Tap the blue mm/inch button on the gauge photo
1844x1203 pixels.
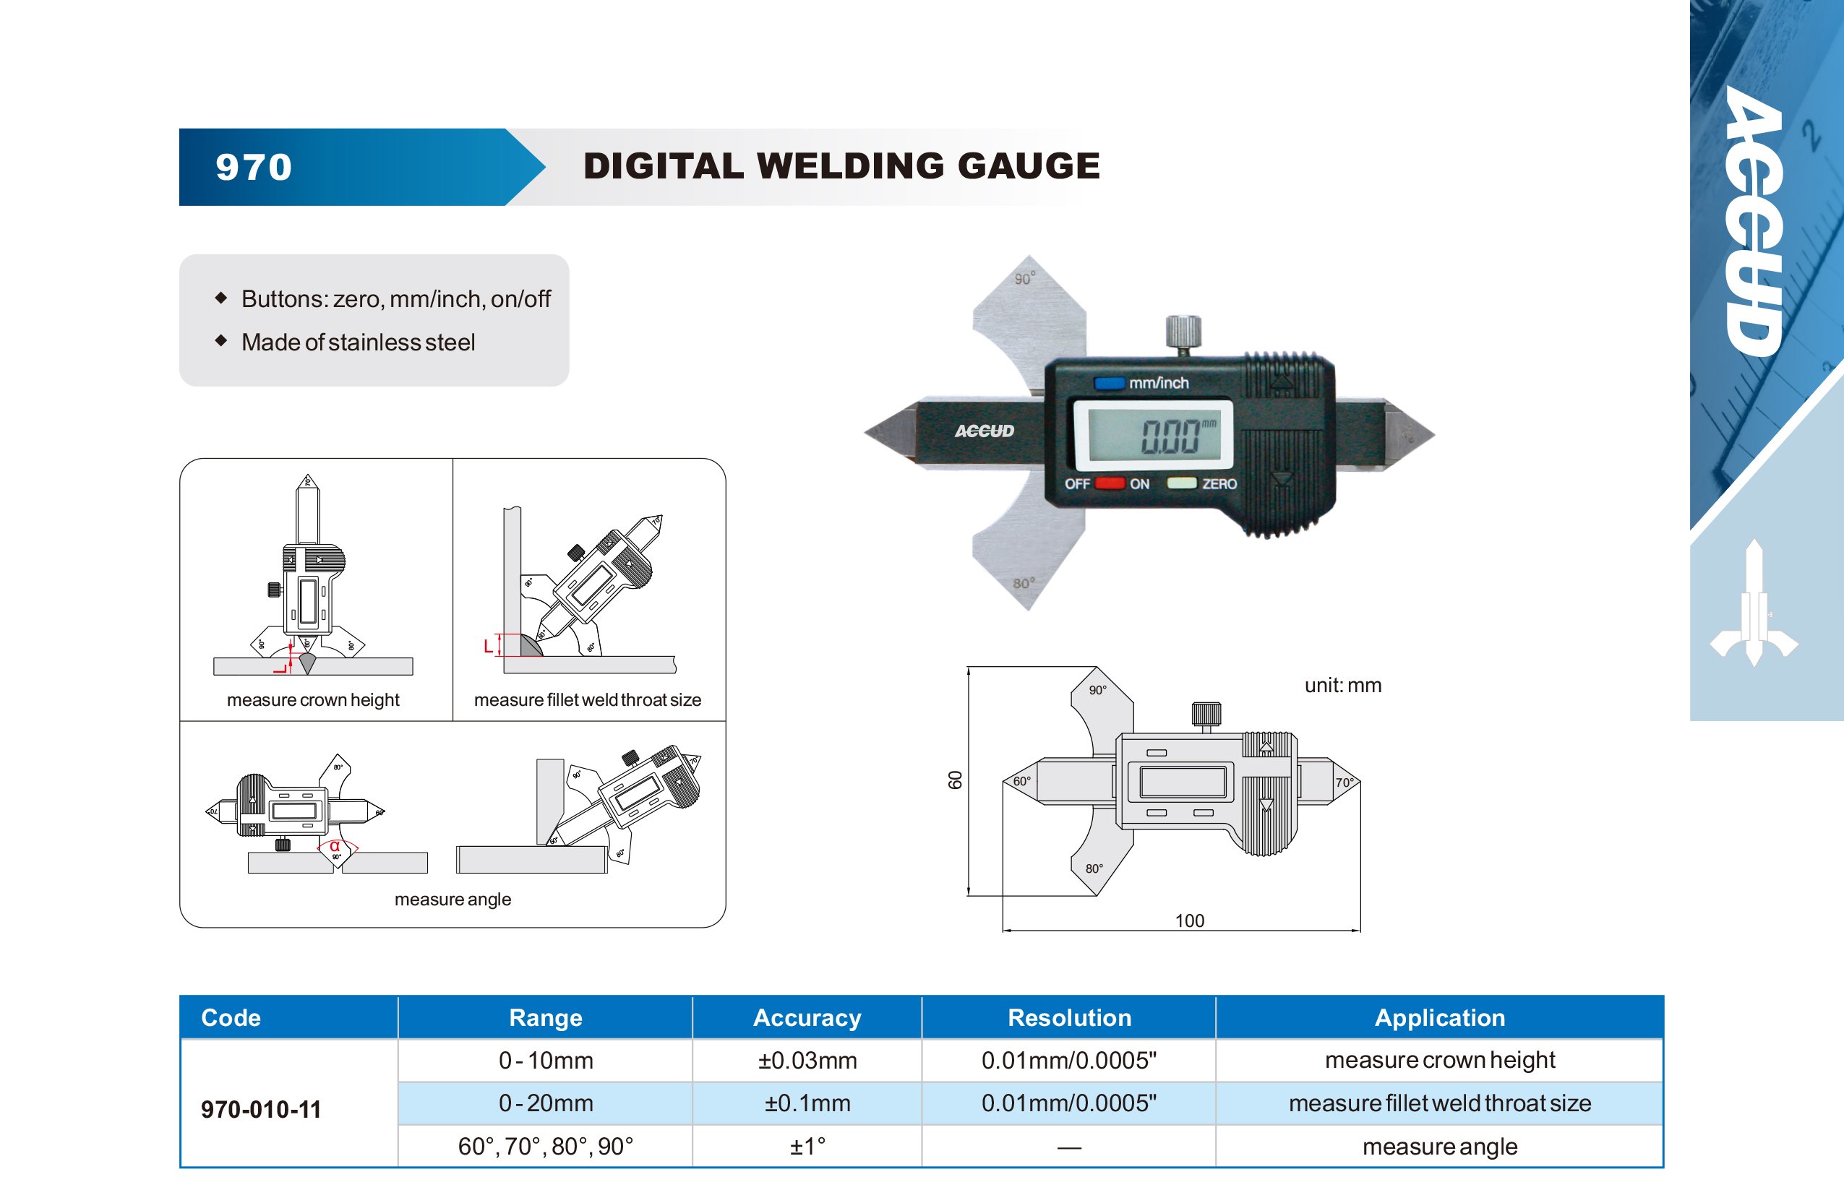pyautogui.click(x=1109, y=383)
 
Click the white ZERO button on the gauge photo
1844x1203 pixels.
pyautogui.click(x=1182, y=483)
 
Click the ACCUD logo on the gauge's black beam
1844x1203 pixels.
pyautogui.click(x=984, y=431)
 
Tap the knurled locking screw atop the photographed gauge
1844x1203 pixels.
pyautogui.click(x=1183, y=332)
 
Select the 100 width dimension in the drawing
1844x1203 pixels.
pyautogui.click(x=1189, y=920)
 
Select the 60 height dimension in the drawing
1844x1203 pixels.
pyautogui.click(x=956, y=780)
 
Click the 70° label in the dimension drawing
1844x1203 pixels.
pyautogui.click(x=1345, y=782)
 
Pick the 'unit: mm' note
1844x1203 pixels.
pyautogui.click(x=1343, y=686)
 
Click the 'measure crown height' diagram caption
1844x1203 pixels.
pyautogui.click(x=313, y=700)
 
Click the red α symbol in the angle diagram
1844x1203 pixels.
pyautogui.click(x=335, y=846)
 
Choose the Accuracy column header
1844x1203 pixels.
pyautogui.click(x=807, y=1018)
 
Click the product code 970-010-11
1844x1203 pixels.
pyautogui.click(x=261, y=1109)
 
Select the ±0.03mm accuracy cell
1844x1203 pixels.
pyautogui.click(x=807, y=1061)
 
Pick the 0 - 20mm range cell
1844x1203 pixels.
pyautogui.click(x=546, y=1103)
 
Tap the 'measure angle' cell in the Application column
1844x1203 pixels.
pyautogui.click(x=1439, y=1147)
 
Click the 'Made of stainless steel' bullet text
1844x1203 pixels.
pyautogui.click(x=358, y=342)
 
